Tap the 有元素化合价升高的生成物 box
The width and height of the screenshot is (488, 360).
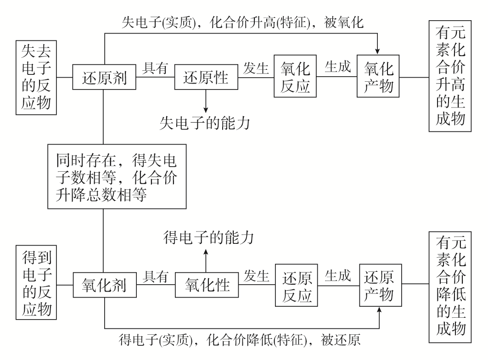coord(448,76)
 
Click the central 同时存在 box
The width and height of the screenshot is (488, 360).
coord(117,176)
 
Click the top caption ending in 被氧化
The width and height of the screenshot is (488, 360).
coord(242,23)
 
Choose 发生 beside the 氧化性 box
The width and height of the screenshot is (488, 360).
coord(256,276)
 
